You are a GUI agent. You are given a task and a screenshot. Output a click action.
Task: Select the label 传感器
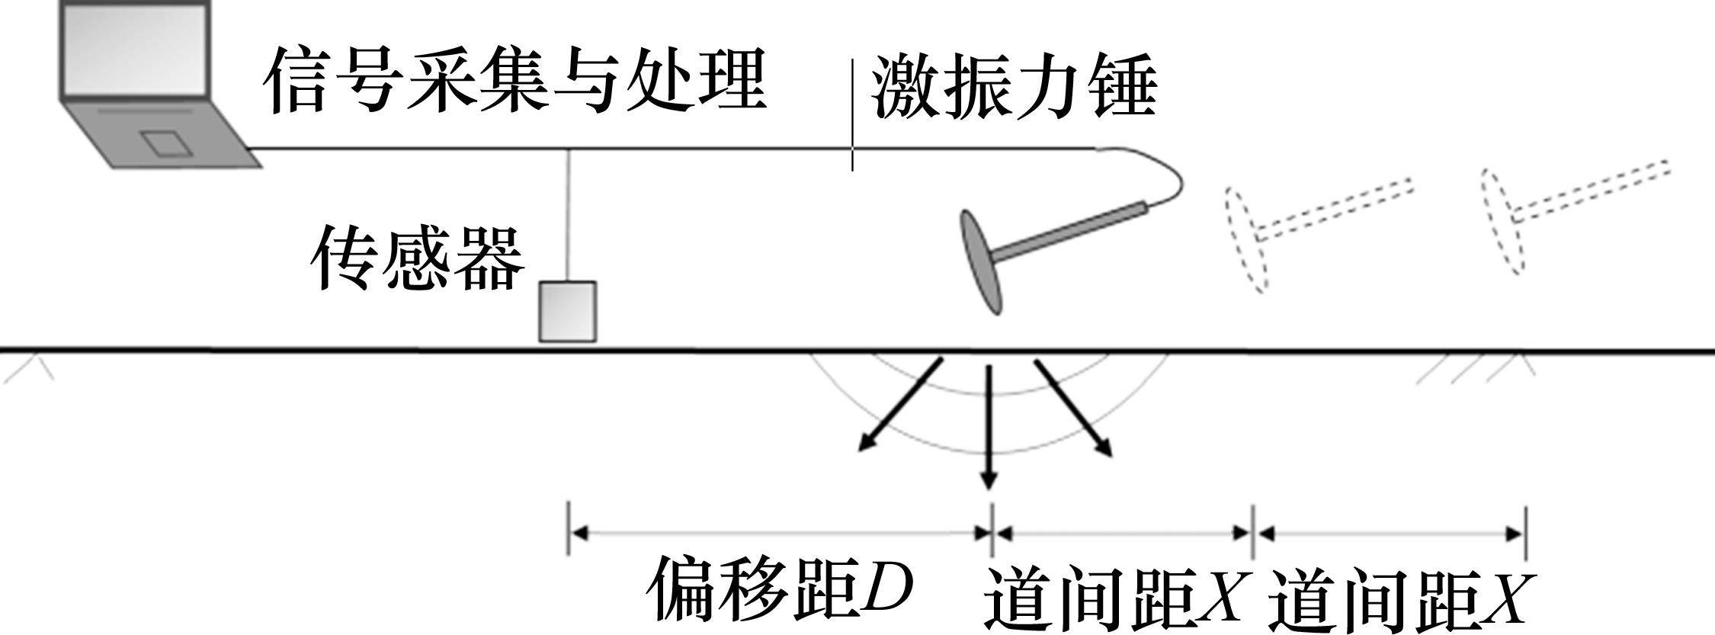pos(418,258)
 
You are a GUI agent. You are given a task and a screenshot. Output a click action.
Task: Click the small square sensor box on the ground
pos(567,311)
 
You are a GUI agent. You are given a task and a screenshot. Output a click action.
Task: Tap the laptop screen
pos(136,47)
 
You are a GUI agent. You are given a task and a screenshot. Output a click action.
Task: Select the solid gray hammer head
pos(982,261)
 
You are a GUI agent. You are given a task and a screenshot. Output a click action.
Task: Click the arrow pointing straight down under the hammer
pos(989,427)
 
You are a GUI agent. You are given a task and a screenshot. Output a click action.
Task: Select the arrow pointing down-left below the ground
pos(902,405)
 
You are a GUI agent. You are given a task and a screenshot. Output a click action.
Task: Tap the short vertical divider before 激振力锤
pos(852,114)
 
